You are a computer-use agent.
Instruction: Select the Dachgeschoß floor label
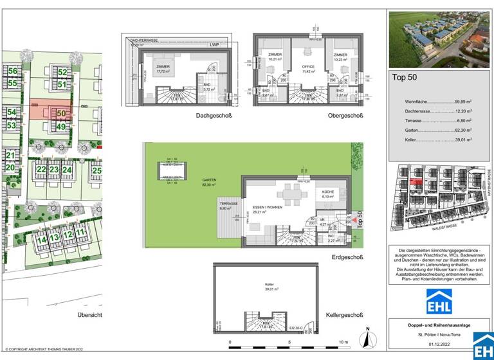point(214,116)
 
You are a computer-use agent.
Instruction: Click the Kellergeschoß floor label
point(344,315)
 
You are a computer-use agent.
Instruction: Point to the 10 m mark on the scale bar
point(343,342)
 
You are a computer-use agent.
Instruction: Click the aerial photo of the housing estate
point(440,39)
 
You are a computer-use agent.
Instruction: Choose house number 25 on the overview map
point(96,170)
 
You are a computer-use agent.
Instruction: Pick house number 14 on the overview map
point(41,239)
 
